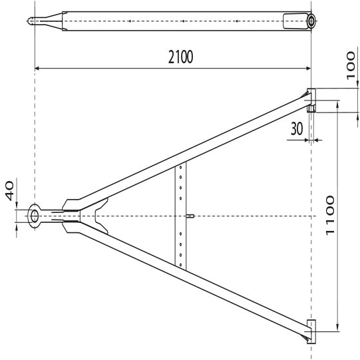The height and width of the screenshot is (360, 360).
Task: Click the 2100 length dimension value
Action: (x=180, y=57)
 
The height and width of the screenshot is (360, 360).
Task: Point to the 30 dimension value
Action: (x=297, y=129)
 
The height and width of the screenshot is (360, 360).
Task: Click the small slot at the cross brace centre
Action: (x=190, y=216)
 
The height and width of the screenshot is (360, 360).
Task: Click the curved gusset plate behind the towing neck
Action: (x=100, y=216)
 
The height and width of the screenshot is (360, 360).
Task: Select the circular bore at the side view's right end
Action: (x=310, y=21)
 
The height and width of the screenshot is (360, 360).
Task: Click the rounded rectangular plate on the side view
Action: (x=291, y=21)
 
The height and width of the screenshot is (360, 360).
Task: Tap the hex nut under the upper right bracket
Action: (x=311, y=108)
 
